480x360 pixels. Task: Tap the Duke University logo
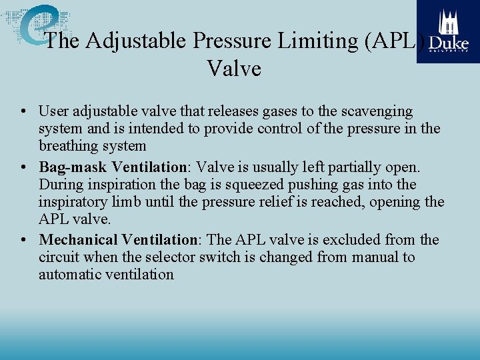point(448,31)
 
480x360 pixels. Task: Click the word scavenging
point(376,111)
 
